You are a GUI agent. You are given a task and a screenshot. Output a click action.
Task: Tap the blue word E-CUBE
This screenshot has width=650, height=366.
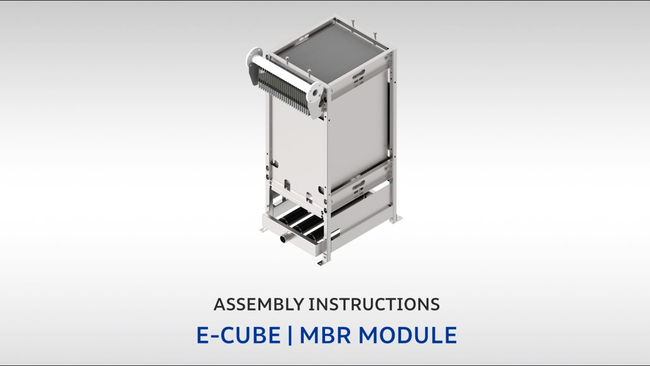[238, 335]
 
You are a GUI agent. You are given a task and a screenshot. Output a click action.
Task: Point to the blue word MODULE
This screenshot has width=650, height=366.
[409, 335]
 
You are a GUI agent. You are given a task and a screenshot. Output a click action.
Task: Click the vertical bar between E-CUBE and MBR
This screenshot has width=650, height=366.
[290, 335]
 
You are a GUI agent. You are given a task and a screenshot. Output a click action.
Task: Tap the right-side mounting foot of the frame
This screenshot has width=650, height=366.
[397, 219]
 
